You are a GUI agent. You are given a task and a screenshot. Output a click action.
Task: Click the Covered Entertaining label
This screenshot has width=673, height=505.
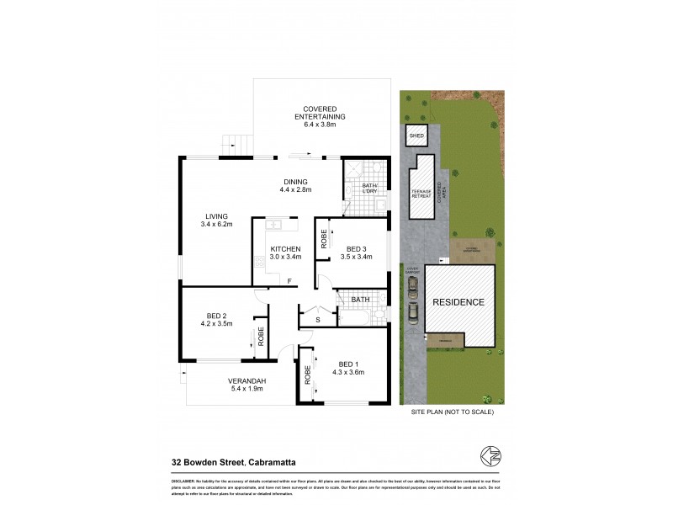(x=320, y=117)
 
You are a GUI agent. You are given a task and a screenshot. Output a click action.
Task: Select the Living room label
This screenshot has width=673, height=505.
(x=216, y=220)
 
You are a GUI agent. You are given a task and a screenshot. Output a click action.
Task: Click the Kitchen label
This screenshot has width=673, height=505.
(x=285, y=249)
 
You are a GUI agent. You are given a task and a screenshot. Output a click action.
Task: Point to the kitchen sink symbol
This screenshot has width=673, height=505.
(x=275, y=225)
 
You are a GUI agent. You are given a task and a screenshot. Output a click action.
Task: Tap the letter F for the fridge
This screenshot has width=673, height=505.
(x=289, y=280)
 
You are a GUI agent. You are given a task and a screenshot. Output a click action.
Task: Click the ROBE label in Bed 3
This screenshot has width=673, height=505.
(x=324, y=240)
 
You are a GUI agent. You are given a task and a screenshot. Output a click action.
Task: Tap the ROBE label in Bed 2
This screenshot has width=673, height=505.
(x=261, y=338)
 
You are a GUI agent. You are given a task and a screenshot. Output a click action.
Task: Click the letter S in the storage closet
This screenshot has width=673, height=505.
(x=317, y=319)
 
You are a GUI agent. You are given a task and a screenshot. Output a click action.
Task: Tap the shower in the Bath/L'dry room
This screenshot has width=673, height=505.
(x=354, y=173)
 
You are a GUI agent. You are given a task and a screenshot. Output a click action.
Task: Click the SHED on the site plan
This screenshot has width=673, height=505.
(x=416, y=136)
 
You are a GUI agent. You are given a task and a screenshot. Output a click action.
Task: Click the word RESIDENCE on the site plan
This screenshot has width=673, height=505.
(x=458, y=302)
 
